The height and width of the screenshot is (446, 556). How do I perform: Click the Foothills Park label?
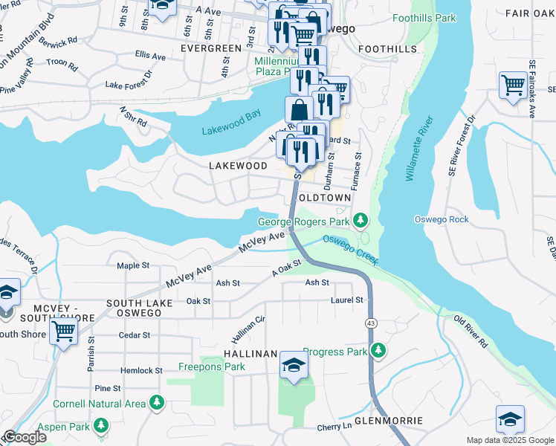pyautogui.click(x=424, y=18)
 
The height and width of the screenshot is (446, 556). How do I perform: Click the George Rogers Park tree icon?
pyautogui.click(x=361, y=221)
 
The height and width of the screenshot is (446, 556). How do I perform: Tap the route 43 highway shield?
pyautogui.click(x=369, y=323)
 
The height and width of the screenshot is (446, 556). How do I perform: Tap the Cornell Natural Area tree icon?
pyautogui.click(x=156, y=404)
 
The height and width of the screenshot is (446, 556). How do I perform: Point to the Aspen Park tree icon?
pyautogui.click(x=100, y=426)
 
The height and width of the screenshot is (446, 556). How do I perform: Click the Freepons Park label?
pyautogui.click(x=212, y=366)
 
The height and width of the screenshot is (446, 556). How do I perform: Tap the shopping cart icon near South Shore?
pyautogui.click(x=64, y=331)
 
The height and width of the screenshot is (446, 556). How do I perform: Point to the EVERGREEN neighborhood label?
pyautogui.click(x=211, y=48)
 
